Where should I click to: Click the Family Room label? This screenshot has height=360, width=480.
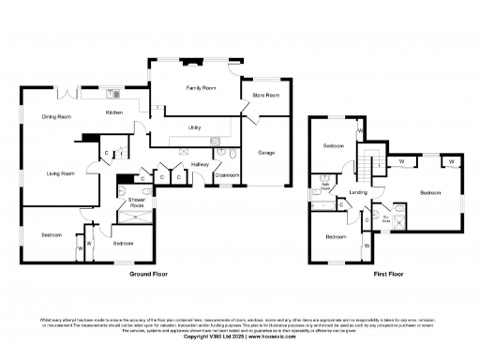point(200,87)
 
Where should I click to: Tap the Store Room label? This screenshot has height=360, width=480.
point(266,96)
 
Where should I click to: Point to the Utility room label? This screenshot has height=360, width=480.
point(195,127)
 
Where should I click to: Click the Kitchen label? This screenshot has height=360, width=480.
point(113,112)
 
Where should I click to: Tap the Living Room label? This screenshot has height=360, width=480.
point(62,172)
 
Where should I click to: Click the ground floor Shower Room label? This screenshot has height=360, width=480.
point(136,202)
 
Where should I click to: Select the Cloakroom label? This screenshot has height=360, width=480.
point(226,174)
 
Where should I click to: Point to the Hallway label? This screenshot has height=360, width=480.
point(200,164)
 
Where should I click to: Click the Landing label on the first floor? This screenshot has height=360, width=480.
point(357,192)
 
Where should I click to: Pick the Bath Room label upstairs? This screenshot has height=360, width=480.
point(325,186)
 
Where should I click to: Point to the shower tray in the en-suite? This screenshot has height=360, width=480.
point(397,223)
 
